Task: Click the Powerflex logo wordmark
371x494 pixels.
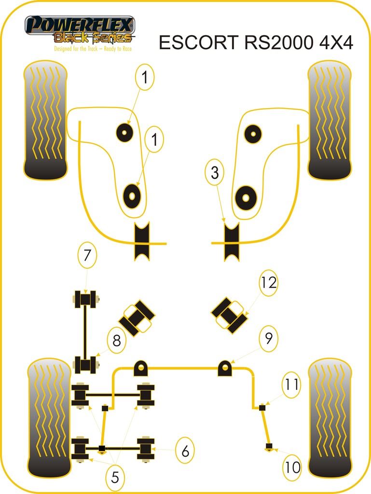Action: pyautogui.click(x=80, y=24)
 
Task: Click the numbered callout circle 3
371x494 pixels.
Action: pyautogui.click(x=215, y=173)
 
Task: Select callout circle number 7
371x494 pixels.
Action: pyautogui.click(x=87, y=255)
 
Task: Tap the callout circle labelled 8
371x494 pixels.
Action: pyautogui.click(x=116, y=341)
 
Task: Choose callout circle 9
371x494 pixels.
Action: pyautogui.click(x=269, y=338)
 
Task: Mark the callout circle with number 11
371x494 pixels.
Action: pyautogui.click(x=291, y=384)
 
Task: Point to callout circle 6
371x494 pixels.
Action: pyautogui.click(x=185, y=451)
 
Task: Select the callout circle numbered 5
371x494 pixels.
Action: pyautogui.click(x=115, y=477)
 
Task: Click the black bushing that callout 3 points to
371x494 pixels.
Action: pyautogui.click(x=232, y=241)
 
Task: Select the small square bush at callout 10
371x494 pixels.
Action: pyautogui.click(x=269, y=445)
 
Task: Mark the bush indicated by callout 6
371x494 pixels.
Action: pyautogui.click(x=146, y=449)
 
